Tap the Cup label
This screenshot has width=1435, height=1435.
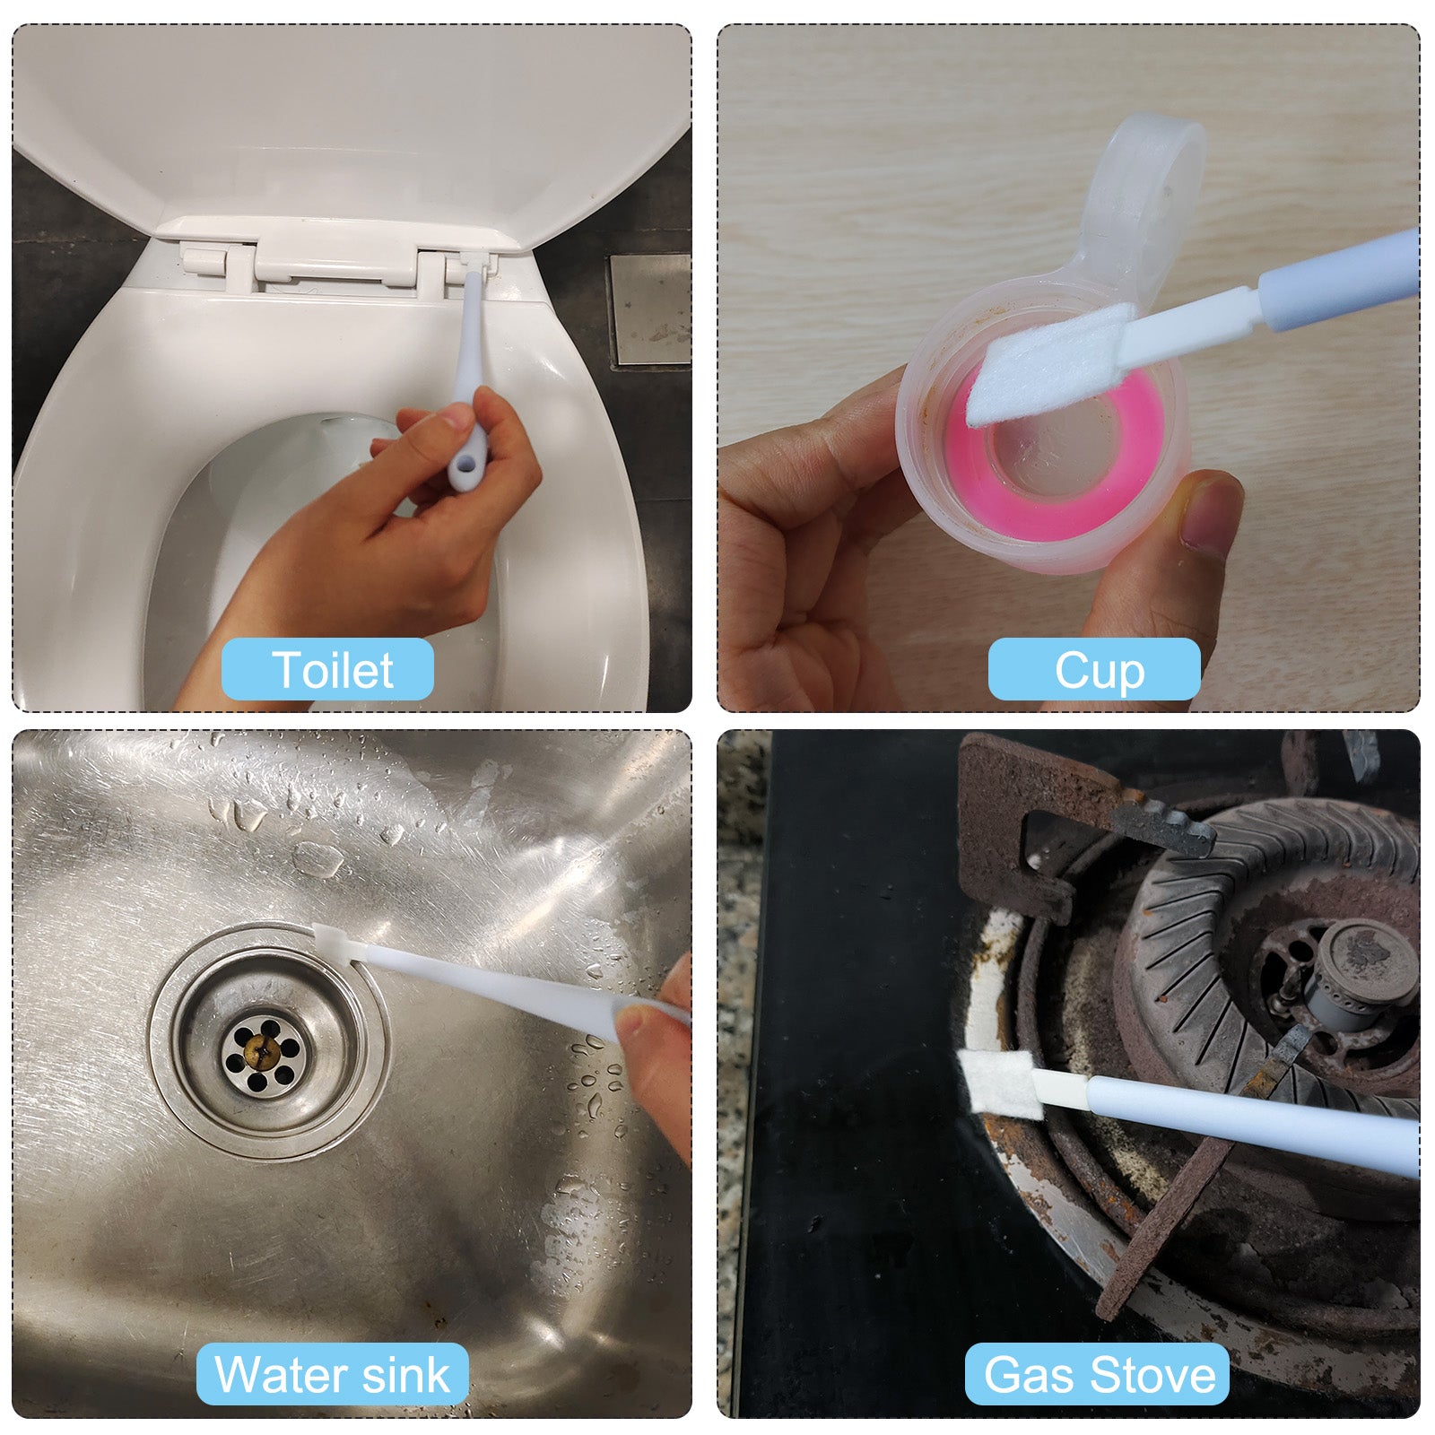point(1094,669)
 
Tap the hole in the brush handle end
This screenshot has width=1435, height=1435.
point(465,467)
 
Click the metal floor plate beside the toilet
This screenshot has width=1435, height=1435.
point(649,310)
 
